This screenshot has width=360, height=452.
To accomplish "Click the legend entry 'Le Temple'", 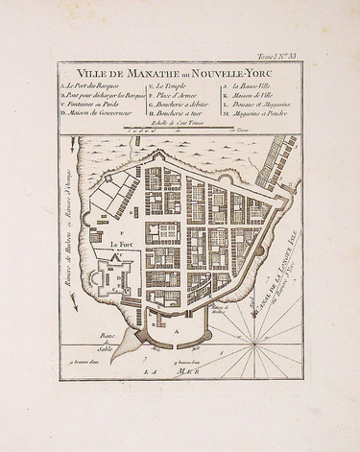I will [172, 91].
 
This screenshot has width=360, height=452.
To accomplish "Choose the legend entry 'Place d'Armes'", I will [177, 99].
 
